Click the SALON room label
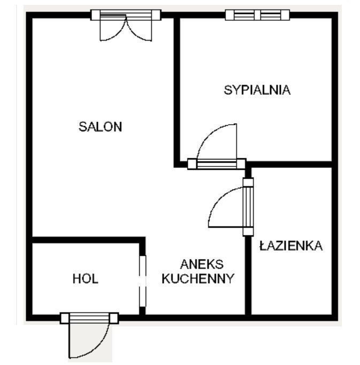[101, 127]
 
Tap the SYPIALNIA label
[257, 90]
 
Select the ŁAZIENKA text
[291, 245]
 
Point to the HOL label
[86, 279]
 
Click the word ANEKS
[202, 264]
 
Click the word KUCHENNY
[198, 278]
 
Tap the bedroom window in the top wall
[257, 15]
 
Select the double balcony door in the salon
[126, 25]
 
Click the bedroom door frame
[217, 164]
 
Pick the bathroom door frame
[248, 207]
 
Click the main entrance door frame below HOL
[89, 318]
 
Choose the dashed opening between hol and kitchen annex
[143, 281]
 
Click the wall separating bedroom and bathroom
[292, 164]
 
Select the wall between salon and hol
[88, 240]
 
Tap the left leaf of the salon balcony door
[113, 27]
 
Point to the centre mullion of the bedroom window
[257, 15]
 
